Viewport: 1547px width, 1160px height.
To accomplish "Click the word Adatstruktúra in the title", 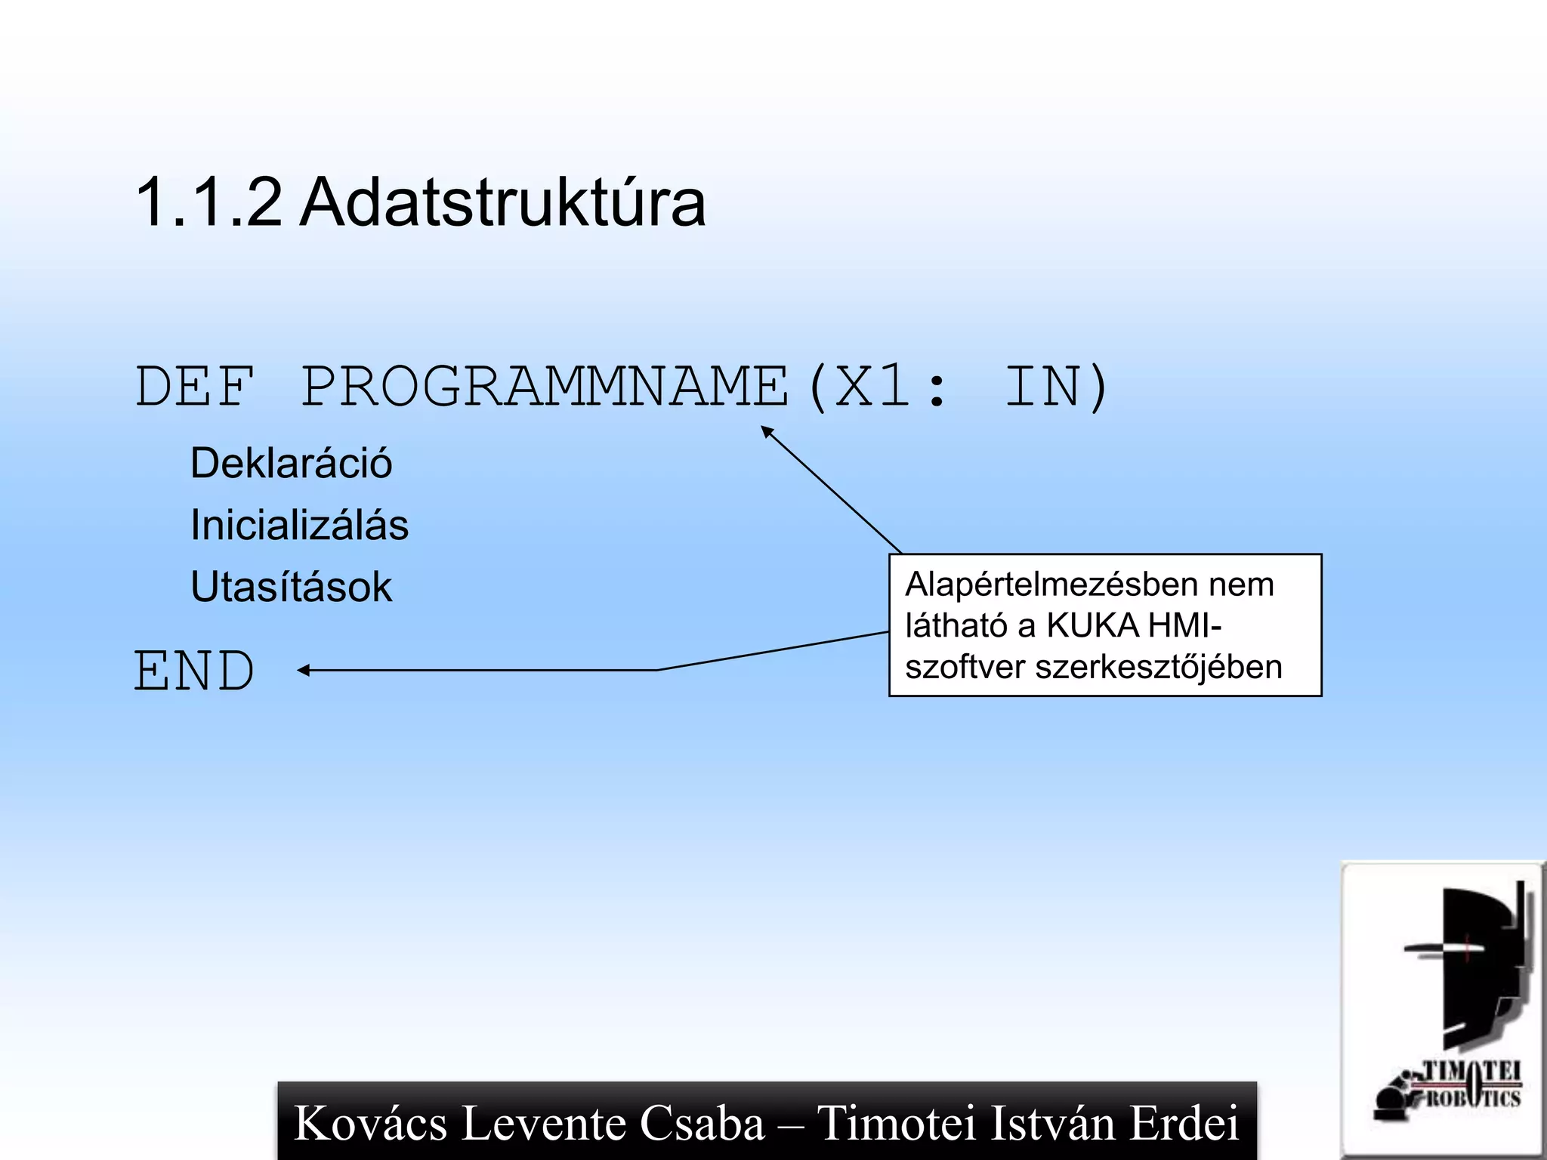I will pos(502,202).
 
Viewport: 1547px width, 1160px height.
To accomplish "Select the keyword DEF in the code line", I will pos(195,387).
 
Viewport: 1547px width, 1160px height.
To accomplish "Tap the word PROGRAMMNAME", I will pos(545,387).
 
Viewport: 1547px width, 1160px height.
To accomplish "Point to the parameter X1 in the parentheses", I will pos(872,387).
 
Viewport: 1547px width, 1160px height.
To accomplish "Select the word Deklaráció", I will pos(291,463).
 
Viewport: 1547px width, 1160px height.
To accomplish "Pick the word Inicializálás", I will pos(299,525).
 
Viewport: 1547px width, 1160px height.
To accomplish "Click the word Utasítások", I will pos(291,587).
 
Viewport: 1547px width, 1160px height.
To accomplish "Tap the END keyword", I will pos(195,671).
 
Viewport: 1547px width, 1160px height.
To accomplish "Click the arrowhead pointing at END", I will pos(304,670).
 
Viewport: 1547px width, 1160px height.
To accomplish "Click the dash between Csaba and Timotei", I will pos(791,1124).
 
